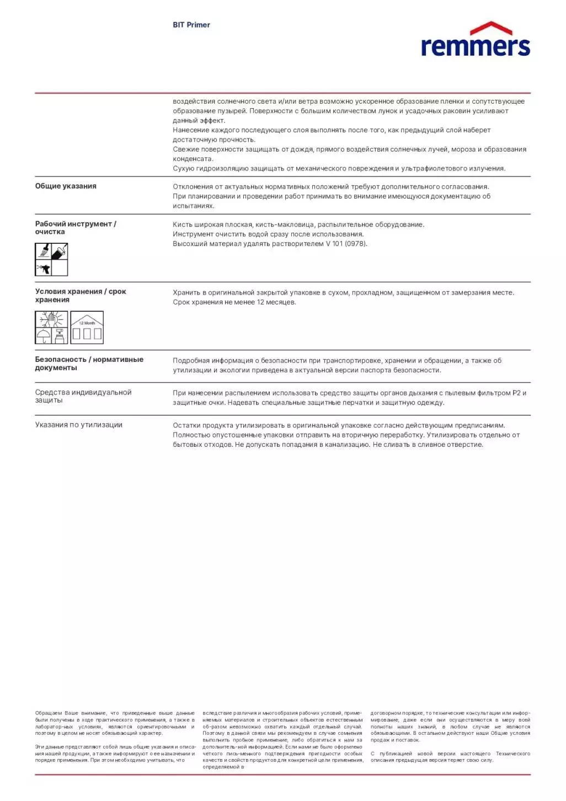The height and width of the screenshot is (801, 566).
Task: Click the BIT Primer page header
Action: pos(191,25)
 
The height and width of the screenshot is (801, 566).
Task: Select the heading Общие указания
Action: pos(66,186)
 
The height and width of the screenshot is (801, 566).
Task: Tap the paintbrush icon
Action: pos(44,252)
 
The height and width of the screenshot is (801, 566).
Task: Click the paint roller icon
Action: pos(60,252)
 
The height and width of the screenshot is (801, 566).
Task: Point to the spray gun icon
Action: pos(44,268)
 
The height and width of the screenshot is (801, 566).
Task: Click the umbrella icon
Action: pos(43,335)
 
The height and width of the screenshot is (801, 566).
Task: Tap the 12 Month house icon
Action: pos(87,328)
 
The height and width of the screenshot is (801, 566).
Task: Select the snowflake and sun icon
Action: pos(51,319)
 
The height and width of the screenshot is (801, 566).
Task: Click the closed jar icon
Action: pos(60,336)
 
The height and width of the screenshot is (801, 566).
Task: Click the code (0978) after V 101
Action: pos(356,244)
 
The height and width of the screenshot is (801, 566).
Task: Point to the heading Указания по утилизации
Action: pos(79,425)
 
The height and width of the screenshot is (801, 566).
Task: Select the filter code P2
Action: pos(516,393)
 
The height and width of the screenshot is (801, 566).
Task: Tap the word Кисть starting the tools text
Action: pos(182,225)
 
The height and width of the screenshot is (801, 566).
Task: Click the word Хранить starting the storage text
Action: pos(186,293)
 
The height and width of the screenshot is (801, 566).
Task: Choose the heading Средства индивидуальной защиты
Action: pos(83,396)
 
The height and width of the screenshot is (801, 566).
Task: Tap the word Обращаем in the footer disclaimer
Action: pos(49,713)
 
